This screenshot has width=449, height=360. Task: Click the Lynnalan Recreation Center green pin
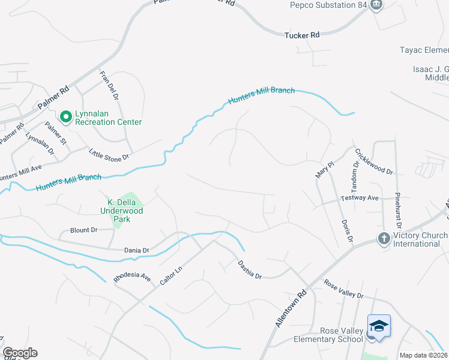pyautogui.click(x=67, y=116)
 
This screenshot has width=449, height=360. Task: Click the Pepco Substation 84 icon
pyautogui.click(x=376, y=5)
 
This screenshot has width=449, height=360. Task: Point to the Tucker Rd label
pyautogui.click(x=302, y=35)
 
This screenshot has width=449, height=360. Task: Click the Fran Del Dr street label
pyautogui.click(x=109, y=87)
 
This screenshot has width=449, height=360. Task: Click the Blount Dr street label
pyautogui.click(x=83, y=230)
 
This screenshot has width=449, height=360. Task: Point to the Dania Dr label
pyautogui.click(x=136, y=250)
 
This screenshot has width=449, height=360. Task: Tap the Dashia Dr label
pyautogui.click(x=249, y=268)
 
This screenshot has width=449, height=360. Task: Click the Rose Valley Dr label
pyautogui.click(x=343, y=289)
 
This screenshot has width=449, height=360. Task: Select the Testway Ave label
pyautogui.click(x=360, y=197)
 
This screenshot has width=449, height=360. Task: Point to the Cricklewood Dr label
pyautogui.click(x=373, y=161)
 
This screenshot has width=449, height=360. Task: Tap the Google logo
pyautogui.click(x=20, y=353)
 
